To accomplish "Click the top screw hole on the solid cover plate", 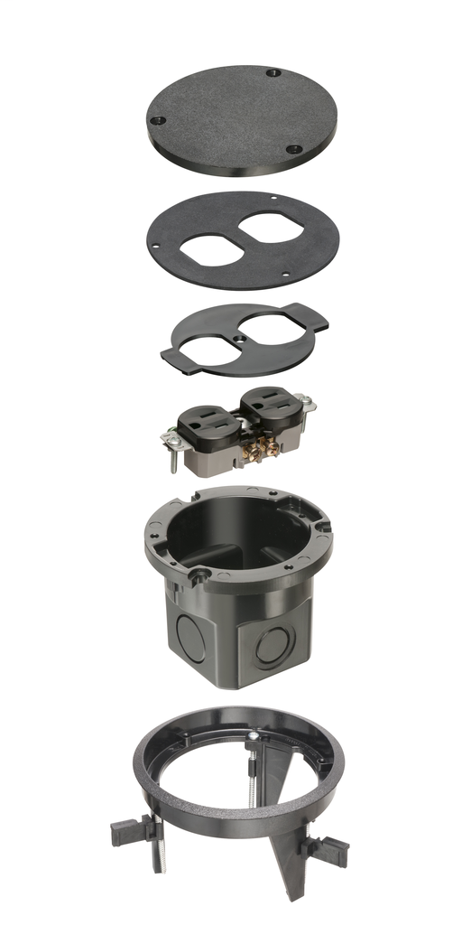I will (272, 70).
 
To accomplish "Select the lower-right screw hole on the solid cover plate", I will (293, 149).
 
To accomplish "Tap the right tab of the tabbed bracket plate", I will (316, 319).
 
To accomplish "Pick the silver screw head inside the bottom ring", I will (256, 739).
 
